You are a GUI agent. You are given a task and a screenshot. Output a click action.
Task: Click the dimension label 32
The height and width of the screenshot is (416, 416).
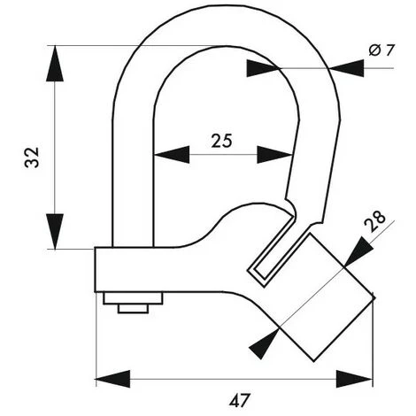tap(32, 158)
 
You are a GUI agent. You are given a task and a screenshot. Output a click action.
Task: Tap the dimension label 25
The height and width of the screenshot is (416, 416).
tap(222, 141)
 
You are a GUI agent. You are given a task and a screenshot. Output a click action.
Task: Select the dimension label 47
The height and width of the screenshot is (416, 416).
tap(239, 400)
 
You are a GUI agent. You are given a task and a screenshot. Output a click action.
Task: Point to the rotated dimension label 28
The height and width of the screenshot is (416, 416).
tap(374, 221)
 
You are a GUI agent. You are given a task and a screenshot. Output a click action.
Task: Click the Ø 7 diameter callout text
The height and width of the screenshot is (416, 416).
tap(381, 50)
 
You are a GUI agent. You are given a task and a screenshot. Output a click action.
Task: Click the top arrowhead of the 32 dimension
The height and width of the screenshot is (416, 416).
tap(55, 64)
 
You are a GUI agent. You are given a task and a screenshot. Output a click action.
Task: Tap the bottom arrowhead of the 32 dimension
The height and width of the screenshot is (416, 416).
tap(55, 232)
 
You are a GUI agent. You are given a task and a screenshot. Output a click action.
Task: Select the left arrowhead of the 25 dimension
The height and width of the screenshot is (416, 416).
tap(172, 154)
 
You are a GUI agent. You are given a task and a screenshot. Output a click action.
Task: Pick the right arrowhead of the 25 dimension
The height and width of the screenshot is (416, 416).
tap(274, 154)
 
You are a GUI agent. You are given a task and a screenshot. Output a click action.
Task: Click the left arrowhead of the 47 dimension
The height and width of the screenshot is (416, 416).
tap(113, 379)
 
